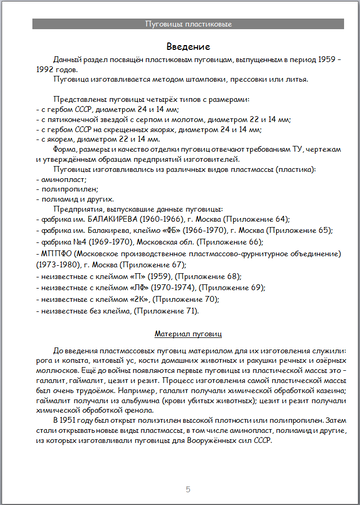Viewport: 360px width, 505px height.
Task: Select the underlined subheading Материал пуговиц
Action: [x=180, y=329]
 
